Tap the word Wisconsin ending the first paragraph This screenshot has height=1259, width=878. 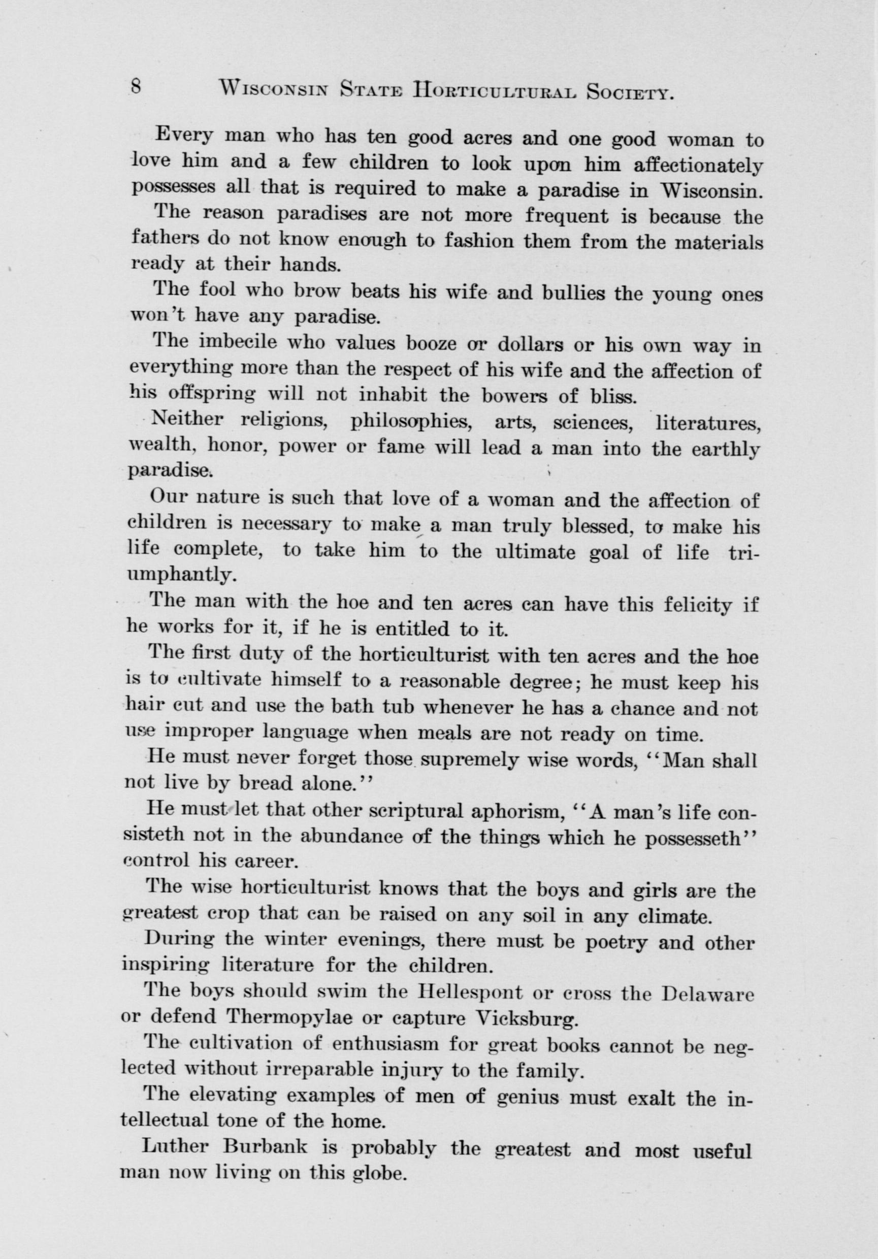tap(712, 190)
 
